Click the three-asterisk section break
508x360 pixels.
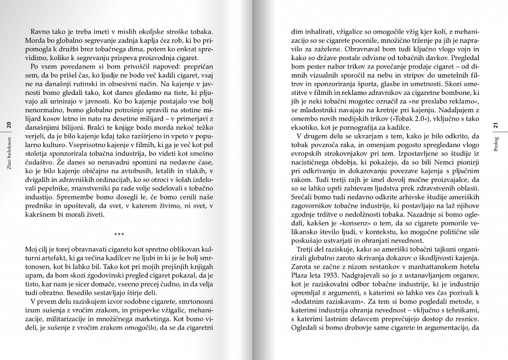119,235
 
